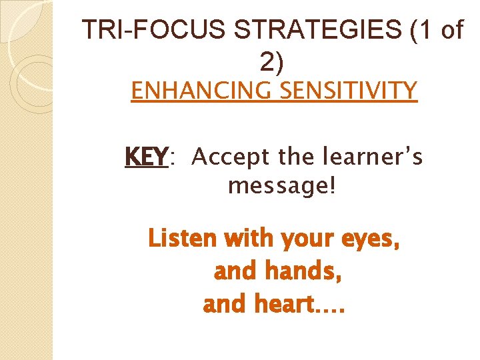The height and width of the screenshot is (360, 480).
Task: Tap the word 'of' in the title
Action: click(x=448, y=31)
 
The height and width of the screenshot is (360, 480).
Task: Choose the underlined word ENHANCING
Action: click(x=198, y=89)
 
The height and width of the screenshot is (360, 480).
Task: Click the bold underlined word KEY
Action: click(x=145, y=157)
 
